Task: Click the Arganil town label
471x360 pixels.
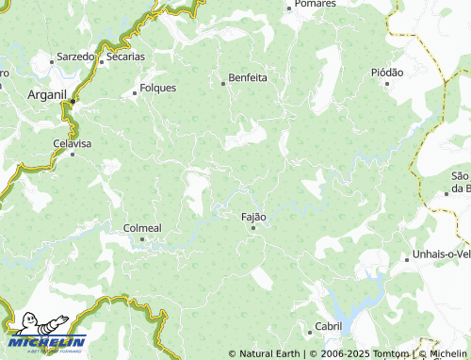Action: (44, 94)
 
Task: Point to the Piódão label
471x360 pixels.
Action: (387, 72)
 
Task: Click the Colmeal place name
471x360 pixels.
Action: (143, 227)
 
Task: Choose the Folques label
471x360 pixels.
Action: (157, 88)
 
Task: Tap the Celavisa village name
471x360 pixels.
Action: (72, 143)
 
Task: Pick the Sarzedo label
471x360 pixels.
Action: (75, 57)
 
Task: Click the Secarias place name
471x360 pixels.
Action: (125, 57)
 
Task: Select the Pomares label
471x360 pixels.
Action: (315, 4)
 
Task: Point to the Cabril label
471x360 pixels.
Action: (329, 325)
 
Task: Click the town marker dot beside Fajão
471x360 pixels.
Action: (252, 227)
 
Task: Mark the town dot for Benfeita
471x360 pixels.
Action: (223, 83)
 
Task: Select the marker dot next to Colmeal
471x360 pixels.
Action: (142, 238)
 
